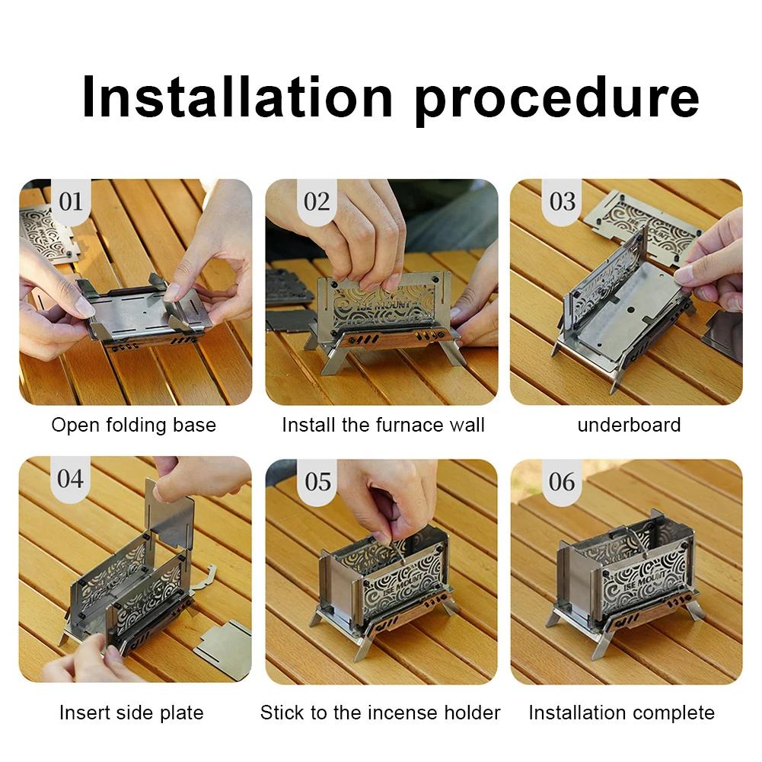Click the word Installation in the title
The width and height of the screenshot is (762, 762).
tap(236, 97)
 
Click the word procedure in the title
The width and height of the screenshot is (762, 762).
tap(557, 97)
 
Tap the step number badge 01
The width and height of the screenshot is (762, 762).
tap(70, 202)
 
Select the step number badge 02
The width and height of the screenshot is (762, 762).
tap(317, 202)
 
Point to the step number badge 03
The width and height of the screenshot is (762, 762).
tap(563, 202)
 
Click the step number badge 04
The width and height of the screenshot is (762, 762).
tap(70, 479)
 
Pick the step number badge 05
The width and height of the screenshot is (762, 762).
tap(317, 482)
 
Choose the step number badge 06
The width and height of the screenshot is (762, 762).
tap(563, 482)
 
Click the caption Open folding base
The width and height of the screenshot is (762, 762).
tap(133, 425)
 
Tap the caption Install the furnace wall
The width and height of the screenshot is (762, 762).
tap(383, 425)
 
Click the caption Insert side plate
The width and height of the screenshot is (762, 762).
tap(132, 713)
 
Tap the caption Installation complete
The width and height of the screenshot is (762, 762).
tap(621, 713)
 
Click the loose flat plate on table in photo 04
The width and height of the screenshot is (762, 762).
tap(224, 648)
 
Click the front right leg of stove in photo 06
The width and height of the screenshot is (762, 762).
tap(694, 609)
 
